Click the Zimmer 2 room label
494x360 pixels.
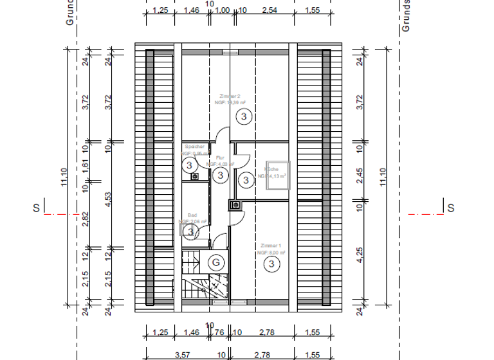230,96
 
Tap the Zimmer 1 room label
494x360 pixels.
271,246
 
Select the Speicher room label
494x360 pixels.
192,147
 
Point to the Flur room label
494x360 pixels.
220,157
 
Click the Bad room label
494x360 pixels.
192,215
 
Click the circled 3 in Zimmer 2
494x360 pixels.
244,116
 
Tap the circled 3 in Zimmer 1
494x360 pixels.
272,264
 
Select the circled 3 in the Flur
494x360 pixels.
220,175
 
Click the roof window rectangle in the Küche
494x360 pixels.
279,174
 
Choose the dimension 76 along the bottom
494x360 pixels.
219,332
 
